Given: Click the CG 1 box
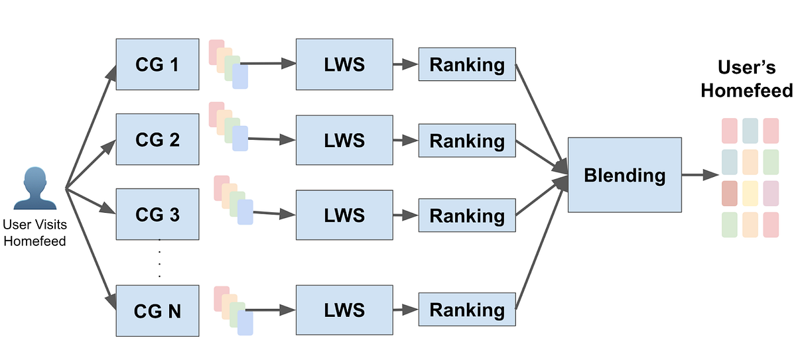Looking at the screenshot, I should [157, 64].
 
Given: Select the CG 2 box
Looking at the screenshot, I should [157, 139].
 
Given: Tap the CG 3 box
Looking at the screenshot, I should [157, 214].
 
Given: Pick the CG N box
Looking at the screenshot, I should [157, 310].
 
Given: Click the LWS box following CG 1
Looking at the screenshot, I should [344, 64].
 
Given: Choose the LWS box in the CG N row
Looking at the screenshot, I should [344, 310].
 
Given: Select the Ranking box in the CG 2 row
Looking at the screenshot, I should [466, 140].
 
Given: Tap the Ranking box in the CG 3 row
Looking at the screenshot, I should [466, 215].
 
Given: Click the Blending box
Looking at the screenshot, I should [624, 175].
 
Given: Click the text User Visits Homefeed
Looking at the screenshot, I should [34, 233].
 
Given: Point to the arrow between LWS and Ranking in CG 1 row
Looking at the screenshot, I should [405, 64].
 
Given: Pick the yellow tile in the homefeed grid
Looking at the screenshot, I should [750, 192].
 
